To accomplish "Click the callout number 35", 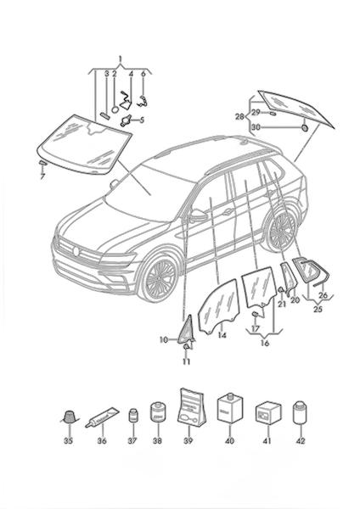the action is pos(68,440).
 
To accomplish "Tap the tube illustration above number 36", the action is pos(102,417).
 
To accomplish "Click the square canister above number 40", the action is pos(230,408).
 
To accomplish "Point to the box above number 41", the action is pos(268,414).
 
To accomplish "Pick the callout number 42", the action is pos(301,440).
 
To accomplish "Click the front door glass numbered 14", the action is pos(219,306).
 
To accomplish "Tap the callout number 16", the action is pos(265,343).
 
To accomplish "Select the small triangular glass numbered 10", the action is pos(187,331).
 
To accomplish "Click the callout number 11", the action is pos(187,361).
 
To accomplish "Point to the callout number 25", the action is pos(318,309).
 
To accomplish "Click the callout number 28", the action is pos(239,116).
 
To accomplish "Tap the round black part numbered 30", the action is pos(305,127).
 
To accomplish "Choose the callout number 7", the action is pos(42,177).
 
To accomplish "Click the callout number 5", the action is pos(141,120).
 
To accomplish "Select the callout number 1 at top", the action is pos(120,59).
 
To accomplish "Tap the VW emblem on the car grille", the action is pos(76,251).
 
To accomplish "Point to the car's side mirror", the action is pos(198,215).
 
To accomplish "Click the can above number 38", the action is pos(158,413).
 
